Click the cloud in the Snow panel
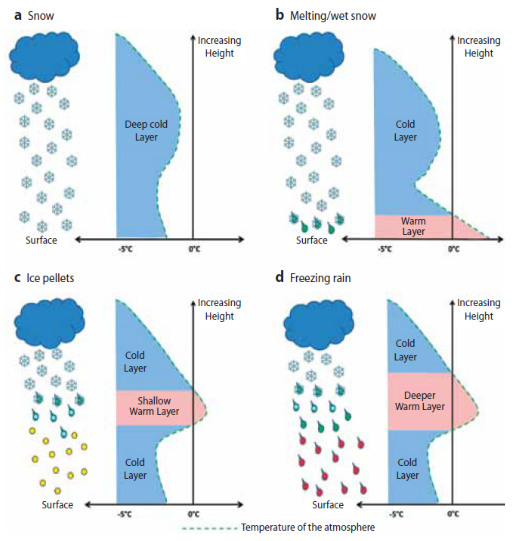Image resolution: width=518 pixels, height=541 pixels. click(x=44, y=57)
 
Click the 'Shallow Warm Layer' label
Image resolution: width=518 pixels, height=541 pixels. click(x=154, y=406)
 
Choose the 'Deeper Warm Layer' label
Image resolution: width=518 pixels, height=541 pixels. click(x=420, y=401)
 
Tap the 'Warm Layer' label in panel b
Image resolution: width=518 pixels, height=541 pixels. click(x=413, y=226)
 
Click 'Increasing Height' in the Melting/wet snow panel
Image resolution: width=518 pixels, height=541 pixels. click(x=479, y=47)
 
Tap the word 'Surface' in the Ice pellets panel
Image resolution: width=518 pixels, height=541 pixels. click(x=57, y=505)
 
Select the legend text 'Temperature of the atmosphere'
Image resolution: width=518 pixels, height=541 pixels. click(x=308, y=527)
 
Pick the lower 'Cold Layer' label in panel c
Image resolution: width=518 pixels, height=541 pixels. click(x=135, y=469)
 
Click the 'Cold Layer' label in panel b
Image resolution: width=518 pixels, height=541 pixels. click(x=405, y=131)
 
